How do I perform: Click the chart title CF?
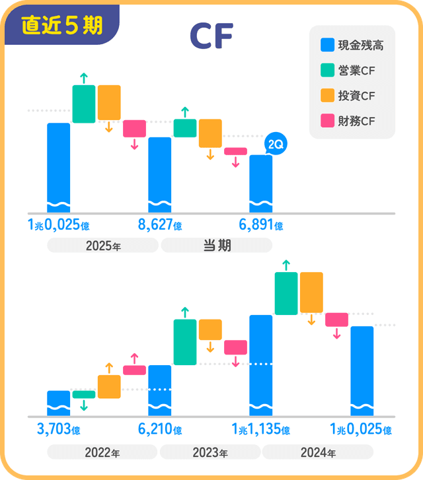click(211, 37)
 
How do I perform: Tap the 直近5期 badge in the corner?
click(61, 25)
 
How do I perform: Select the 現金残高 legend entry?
click(352, 46)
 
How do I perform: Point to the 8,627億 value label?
click(160, 225)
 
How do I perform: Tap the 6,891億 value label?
click(261, 225)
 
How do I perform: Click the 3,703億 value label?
click(59, 430)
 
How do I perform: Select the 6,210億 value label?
click(160, 430)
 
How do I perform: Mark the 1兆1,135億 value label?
click(260, 430)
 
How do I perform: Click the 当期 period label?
click(216, 246)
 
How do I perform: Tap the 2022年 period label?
click(102, 453)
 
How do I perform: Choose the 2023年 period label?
click(210, 453)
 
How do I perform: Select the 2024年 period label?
click(318, 453)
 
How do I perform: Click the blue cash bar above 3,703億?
click(59, 403)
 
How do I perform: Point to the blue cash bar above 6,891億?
click(260, 183)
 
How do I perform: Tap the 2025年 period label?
click(103, 246)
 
